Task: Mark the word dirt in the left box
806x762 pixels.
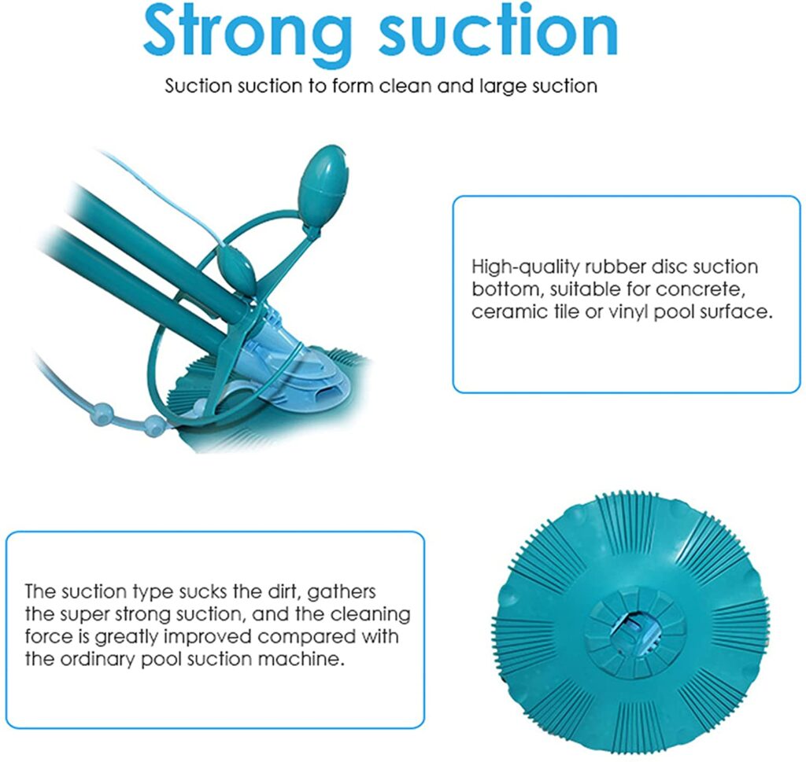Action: click(283, 591)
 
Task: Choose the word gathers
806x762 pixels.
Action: click(342, 592)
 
